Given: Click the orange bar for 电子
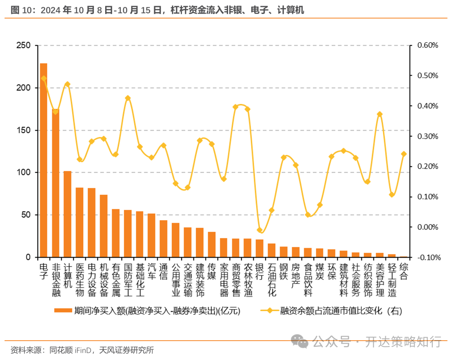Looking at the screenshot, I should (x=43, y=161).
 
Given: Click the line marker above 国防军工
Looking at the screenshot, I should (x=128, y=98).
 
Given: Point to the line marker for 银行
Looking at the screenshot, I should (x=260, y=230).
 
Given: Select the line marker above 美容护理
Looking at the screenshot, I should (x=380, y=114).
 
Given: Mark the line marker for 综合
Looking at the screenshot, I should (x=404, y=154).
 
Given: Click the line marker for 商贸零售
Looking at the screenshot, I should (x=236, y=107).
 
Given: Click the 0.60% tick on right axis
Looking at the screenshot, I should (x=428, y=45).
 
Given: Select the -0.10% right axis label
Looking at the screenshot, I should (x=427, y=257).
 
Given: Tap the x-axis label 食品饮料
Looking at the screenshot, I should (x=308, y=279).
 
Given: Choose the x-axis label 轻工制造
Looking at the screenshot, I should (x=392, y=279).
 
